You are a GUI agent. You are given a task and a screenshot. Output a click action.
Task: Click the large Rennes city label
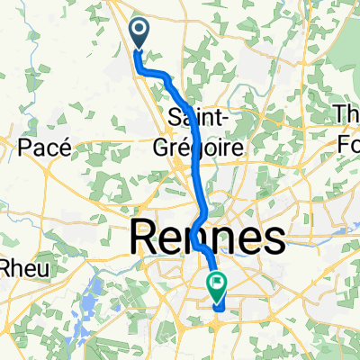[x=209, y=239]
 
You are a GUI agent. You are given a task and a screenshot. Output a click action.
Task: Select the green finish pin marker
[x=218, y=287]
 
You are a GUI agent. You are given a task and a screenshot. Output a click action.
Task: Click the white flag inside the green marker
[x=218, y=285]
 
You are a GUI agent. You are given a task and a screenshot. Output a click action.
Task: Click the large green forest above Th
[x=344, y=54]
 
